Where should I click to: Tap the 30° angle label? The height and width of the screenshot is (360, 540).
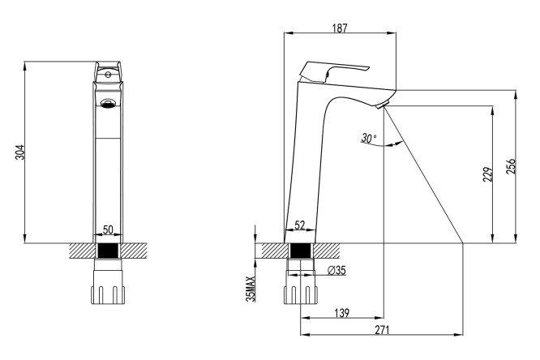(x=369, y=139)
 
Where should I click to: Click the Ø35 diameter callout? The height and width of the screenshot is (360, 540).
(x=336, y=271)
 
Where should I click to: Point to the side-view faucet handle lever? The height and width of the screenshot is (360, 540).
(x=332, y=71)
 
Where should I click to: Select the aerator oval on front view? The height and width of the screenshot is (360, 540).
(x=107, y=103)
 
